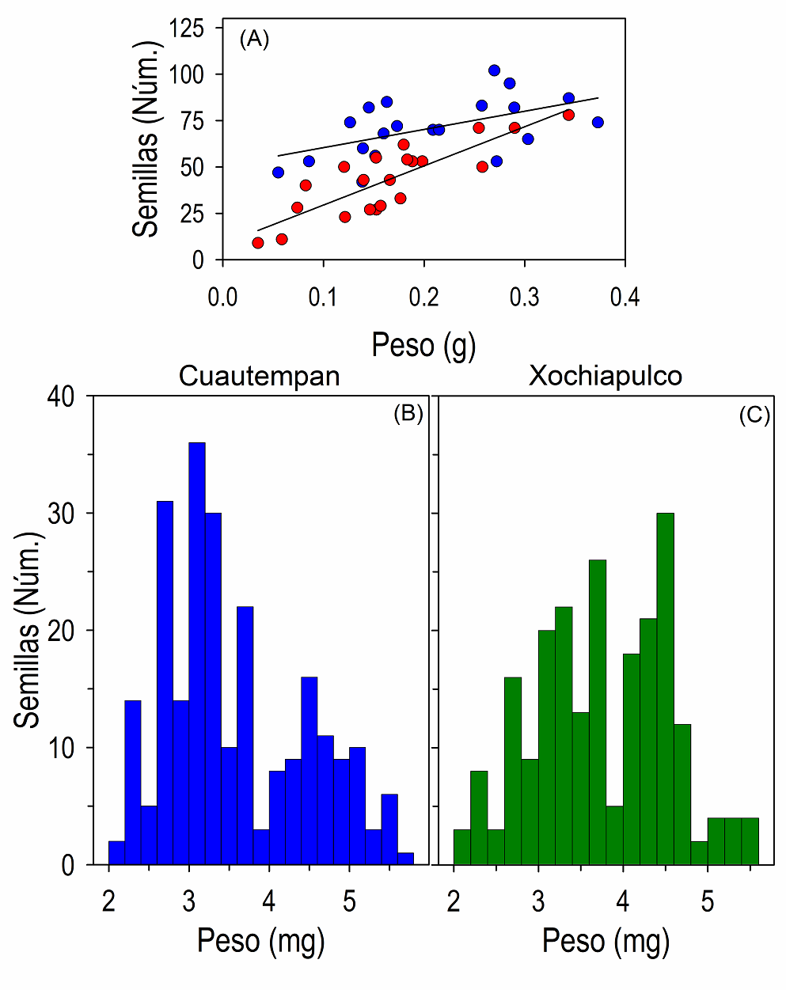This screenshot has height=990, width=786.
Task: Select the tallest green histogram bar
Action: pos(666,688)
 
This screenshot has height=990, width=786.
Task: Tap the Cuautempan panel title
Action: pos(260,375)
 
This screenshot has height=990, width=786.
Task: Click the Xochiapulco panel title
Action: pos(606,375)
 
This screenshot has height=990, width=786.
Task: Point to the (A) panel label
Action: pos(254,39)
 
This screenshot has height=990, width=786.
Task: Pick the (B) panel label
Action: pos(408,414)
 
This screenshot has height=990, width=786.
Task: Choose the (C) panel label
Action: pos(754,415)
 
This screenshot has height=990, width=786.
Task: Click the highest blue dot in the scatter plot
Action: pos(494,70)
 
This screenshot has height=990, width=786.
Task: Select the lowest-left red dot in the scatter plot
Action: pos(257,243)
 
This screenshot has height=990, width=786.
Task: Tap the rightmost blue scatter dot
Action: pos(598,122)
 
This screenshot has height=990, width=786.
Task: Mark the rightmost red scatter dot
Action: pos(568,115)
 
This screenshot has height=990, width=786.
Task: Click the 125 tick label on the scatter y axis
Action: pos(187,29)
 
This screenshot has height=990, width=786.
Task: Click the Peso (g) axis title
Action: pos(423,346)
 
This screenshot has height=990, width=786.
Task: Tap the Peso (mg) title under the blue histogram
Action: pos(260,941)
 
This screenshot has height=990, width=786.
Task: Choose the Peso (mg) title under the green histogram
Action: pos(606,941)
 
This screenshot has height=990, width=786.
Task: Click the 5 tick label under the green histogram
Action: pos(708,901)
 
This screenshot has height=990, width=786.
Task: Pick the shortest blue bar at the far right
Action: pos(405,859)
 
